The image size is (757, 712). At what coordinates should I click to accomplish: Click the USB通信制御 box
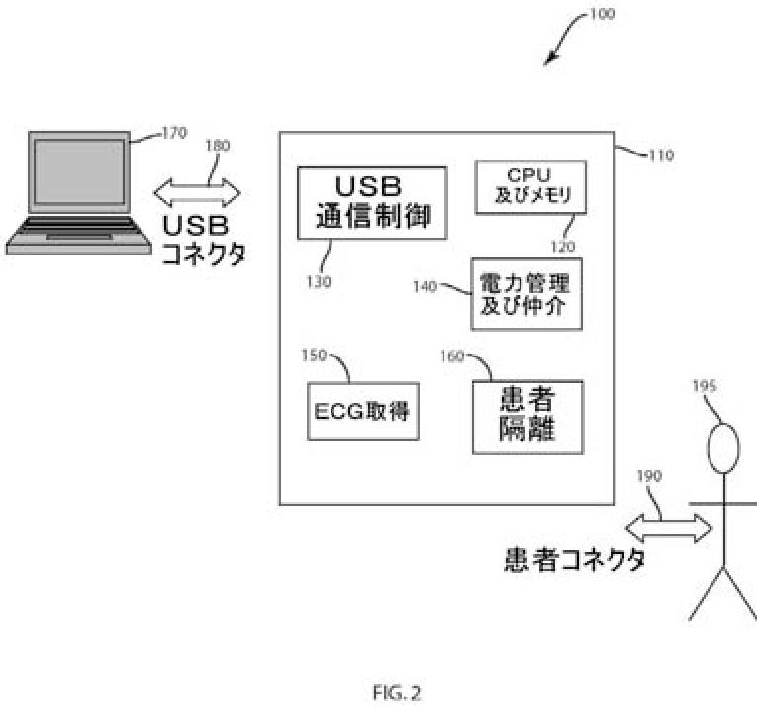tap(372, 202)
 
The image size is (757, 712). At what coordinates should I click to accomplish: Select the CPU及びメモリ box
tap(530, 186)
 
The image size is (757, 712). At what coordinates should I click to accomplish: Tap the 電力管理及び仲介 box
tap(525, 294)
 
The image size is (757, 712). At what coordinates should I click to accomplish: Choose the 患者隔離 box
tap(526, 417)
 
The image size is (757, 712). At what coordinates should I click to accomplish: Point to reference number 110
tap(660, 155)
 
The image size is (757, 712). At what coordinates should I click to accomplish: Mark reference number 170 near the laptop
tap(174, 131)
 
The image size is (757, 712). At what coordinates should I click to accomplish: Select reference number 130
tap(319, 281)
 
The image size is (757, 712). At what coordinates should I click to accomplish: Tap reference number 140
tap(426, 286)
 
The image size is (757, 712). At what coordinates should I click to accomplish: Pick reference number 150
tap(315, 355)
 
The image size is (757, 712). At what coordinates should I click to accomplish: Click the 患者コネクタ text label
tap(571, 560)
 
